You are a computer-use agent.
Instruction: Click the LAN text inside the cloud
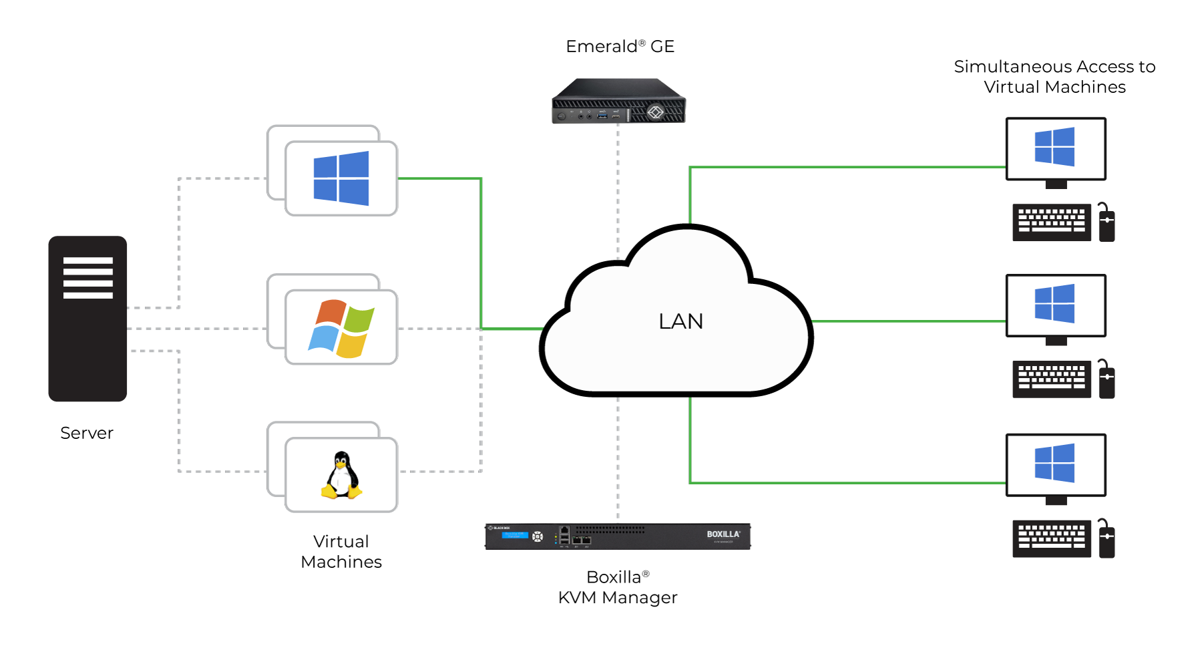click(680, 321)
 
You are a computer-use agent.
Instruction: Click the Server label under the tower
click(87, 433)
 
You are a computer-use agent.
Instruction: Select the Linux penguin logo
click(341, 476)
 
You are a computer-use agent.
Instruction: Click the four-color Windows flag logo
click(341, 328)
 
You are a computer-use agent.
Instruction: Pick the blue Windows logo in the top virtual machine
click(341, 178)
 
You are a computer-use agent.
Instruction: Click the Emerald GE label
click(620, 46)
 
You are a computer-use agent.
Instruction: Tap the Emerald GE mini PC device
click(618, 102)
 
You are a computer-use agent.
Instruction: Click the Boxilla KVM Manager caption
click(618, 587)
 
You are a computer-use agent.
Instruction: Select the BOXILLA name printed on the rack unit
click(723, 534)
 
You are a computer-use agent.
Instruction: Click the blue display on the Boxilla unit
click(515, 535)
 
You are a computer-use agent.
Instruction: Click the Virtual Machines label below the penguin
click(341, 552)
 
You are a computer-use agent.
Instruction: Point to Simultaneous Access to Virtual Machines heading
click(1054, 77)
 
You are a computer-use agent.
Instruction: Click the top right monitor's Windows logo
click(1054, 147)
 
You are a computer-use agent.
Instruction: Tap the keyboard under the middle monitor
click(1051, 379)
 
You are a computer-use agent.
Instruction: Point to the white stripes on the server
click(87, 277)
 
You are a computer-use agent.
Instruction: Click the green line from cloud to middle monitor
click(908, 321)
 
